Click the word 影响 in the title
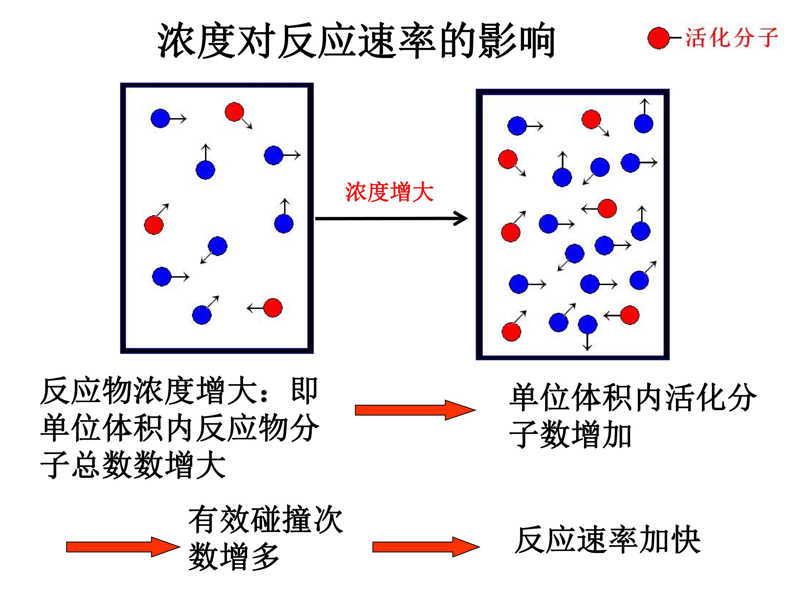click(517, 40)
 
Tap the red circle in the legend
click(658, 38)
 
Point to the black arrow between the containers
click(391, 219)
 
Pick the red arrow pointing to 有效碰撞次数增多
click(123, 547)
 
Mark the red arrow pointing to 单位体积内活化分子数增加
click(415, 410)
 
